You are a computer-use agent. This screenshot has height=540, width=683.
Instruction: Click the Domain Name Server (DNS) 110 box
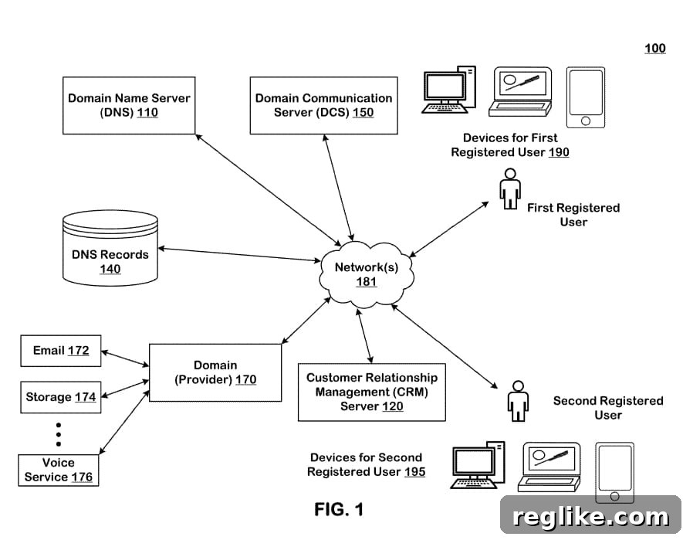tap(129, 106)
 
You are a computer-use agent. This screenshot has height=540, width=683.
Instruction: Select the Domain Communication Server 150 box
tap(323, 106)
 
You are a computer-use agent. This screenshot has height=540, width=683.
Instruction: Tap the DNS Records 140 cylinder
tap(110, 248)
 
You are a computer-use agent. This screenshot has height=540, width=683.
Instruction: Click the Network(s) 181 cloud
tap(367, 273)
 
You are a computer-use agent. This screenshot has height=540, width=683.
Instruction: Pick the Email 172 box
tap(61, 351)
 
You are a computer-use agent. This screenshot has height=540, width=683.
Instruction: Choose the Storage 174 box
tap(61, 397)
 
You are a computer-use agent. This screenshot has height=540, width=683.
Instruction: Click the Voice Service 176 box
tap(59, 470)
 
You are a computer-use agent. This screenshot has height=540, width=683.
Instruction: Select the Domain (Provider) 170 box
tap(215, 372)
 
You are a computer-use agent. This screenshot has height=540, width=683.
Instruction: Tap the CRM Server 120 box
tap(371, 392)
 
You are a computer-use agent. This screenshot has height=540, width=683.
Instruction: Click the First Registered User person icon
tap(509, 188)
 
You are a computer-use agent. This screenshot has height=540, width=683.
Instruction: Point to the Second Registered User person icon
tap(518, 401)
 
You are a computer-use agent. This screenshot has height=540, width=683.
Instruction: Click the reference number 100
tap(655, 49)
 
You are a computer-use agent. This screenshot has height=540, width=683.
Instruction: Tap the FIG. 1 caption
tap(339, 509)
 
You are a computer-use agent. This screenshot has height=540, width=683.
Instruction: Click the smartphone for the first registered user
tap(586, 97)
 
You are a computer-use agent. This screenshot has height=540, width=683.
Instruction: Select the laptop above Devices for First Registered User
tap(520, 92)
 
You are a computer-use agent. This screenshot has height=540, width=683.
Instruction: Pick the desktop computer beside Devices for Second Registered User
tap(478, 465)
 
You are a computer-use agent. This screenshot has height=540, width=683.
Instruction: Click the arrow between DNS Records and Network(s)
tap(239, 255)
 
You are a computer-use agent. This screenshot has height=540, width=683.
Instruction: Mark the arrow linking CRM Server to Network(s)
tap(364, 336)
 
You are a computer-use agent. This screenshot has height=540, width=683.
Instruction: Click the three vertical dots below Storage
tap(59, 434)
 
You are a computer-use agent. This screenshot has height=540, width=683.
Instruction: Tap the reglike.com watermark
tap(590, 517)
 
